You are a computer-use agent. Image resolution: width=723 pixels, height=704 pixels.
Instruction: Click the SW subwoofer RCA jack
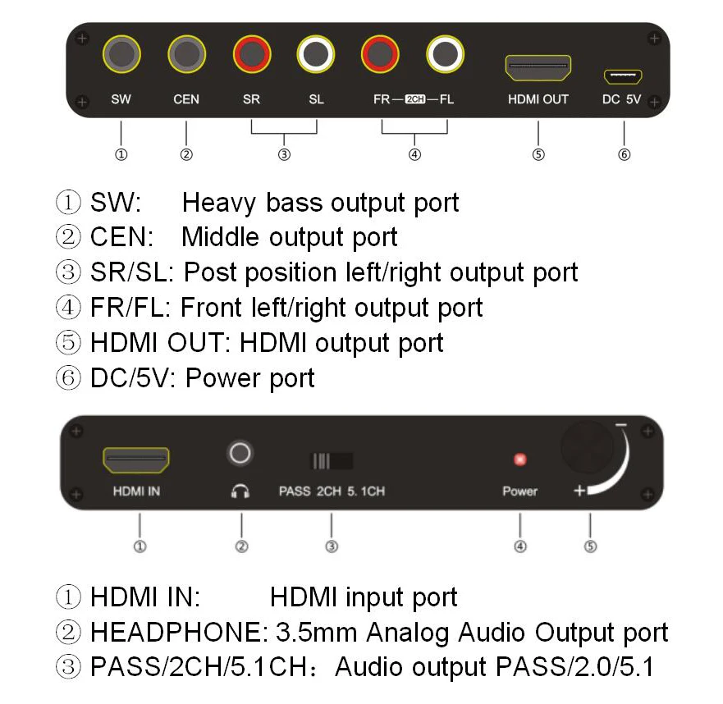coord(121,56)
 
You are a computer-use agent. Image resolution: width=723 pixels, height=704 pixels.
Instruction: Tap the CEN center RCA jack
coord(186,56)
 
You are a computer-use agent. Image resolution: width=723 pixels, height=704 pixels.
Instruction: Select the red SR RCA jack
coord(251,56)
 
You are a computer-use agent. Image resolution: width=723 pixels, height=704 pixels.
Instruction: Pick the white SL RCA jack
coord(316,56)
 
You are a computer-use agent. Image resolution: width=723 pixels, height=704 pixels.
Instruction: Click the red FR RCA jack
coord(380,56)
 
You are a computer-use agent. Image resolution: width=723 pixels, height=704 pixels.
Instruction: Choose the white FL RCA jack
coord(446,56)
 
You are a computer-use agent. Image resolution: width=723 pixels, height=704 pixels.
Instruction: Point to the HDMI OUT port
coord(538,68)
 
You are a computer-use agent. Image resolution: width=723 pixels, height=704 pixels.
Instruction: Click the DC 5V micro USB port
coord(623,76)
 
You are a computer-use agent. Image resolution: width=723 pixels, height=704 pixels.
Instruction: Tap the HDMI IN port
coord(136,461)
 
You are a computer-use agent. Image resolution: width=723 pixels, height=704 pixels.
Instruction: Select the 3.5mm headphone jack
coord(240,452)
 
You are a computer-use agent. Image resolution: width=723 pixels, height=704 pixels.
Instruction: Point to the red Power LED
coord(519,459)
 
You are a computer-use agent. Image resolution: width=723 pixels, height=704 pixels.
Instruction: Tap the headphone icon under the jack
coord(240,491)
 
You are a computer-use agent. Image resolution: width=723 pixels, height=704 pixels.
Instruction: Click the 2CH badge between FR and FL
coord(415,100)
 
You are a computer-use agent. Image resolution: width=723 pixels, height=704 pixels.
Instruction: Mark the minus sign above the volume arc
coord(621,426)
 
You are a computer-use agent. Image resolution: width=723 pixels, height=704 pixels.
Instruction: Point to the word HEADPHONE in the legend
coord(175,633)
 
